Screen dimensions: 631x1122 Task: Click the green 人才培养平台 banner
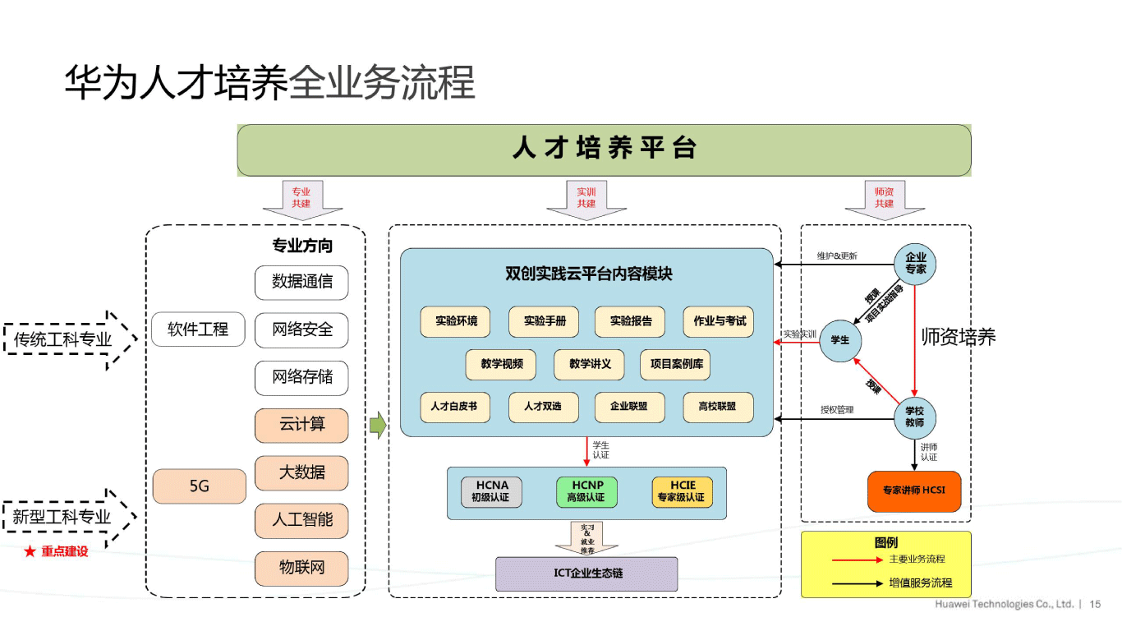click(x=604, y=150)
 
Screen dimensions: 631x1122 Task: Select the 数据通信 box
click(x=301, y=282)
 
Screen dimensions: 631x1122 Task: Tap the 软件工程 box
click(x=198, y=329)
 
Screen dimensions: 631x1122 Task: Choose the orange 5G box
click(x=199, y=486)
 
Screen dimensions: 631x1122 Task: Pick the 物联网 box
click(x=301, y=568)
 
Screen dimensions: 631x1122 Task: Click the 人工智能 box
click(x=301, y=520)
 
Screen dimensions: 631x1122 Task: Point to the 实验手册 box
click(x=544, y=321)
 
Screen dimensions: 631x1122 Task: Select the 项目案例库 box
click(x=675, y=364)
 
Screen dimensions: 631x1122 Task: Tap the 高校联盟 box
click(x=718, y=407)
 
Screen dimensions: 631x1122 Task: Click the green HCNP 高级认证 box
click(x=586, y=491)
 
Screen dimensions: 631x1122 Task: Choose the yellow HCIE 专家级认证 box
click(x=682, y=491)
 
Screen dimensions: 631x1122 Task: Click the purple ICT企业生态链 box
click(x=586, y=573)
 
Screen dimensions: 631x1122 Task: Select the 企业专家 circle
click(x=915, y=264)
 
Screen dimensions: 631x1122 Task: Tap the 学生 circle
click(x=839, y=339)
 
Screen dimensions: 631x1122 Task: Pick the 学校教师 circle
click(x=914, y=417)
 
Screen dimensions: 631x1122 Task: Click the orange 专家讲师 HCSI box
click(x=914, y=491)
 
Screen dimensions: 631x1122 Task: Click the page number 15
click(x=1095, y=604)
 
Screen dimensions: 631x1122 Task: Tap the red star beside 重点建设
click(x=30, y=552)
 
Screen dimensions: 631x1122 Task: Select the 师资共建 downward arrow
click(x=884, y=200)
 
